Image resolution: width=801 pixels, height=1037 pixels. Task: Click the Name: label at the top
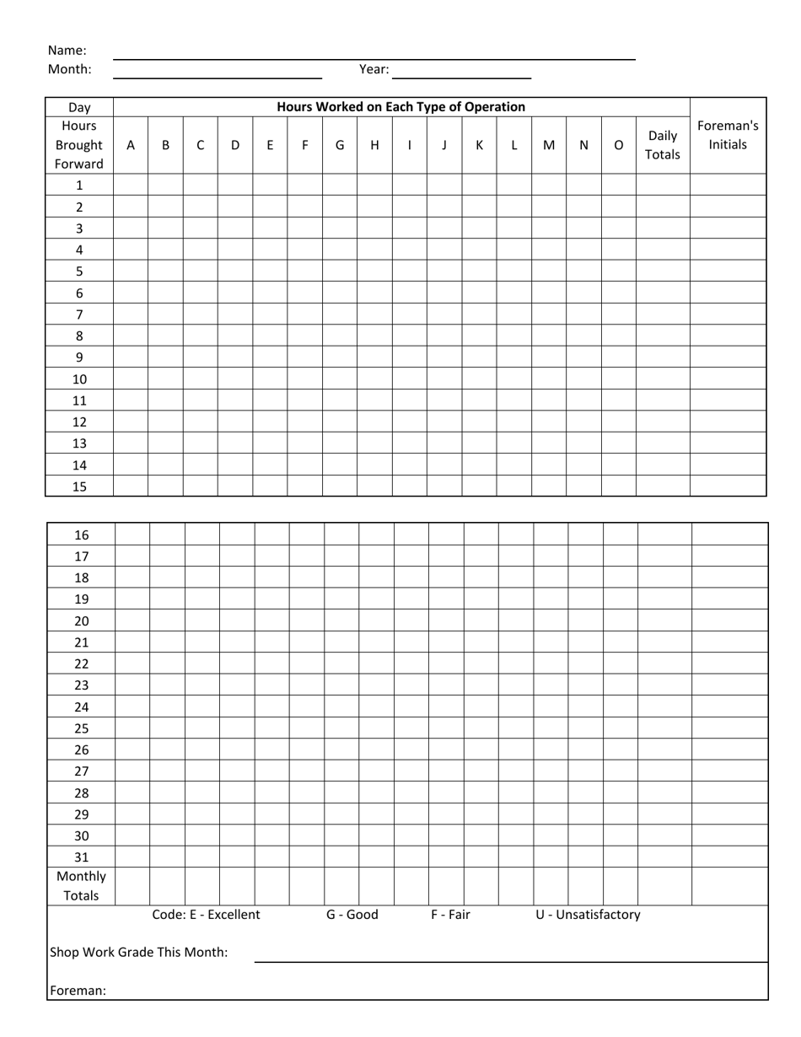tap(67, 51)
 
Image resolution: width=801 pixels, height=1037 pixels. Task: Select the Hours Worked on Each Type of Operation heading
tap(400, 107)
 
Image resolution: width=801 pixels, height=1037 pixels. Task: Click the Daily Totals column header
tap(662, 145)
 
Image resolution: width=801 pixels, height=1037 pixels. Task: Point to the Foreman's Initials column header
tap(728, 136)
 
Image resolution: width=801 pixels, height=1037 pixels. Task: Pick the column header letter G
tap(340, 145)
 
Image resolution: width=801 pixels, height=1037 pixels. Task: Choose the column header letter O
tap(619, 145)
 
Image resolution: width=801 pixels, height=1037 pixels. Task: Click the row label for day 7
tap(79, 314)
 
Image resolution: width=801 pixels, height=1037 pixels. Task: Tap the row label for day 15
tap(79, 486)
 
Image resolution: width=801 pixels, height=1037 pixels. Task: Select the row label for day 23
tap(82, 685)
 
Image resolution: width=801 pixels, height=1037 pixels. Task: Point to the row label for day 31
tap(82, 857)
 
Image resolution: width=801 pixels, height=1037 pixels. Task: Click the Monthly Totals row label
tap(82, 886)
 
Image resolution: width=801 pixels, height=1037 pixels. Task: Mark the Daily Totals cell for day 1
tap(663, 185)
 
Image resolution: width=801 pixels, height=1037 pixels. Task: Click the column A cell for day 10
tap(131, 379)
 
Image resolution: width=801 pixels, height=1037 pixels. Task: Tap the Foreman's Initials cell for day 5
tap(728, 271)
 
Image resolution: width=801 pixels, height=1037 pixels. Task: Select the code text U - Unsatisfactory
tap(588, 915)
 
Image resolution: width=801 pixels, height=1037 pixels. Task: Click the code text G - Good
tap(352, 915)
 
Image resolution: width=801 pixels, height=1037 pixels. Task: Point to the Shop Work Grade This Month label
tap(139, 953)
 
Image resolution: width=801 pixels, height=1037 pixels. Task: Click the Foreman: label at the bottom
tap(78, 991)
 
